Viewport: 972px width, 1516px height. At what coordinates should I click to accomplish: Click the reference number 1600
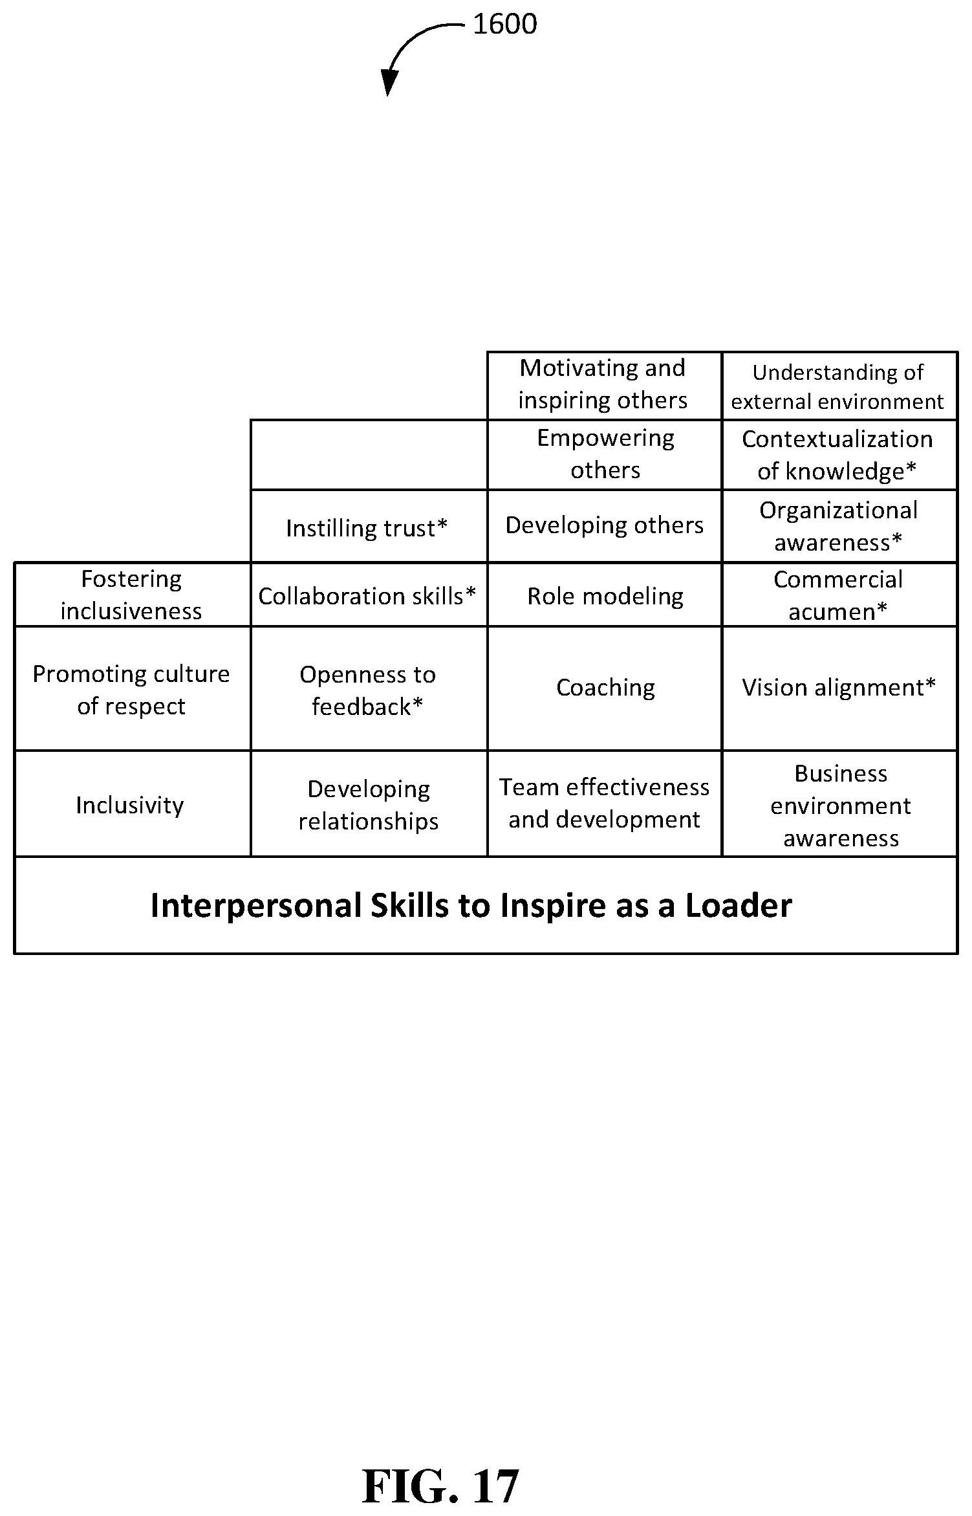click(x=504, y=25)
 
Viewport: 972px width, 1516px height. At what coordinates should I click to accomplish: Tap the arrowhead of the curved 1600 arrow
click(x=389, y=83)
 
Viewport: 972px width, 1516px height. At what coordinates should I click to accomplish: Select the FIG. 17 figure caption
click(x=440, y=1486)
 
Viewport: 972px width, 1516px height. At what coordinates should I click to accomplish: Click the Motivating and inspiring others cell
click(x=604, y=386)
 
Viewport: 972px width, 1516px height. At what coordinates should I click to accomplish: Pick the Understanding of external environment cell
click(x=839, y=386)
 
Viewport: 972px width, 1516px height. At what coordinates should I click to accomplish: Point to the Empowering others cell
click(x=604, y=455)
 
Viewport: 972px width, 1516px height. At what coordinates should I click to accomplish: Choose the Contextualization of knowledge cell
click(x=839, y=455)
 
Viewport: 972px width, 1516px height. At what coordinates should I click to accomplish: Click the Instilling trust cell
click(x=369, y=526)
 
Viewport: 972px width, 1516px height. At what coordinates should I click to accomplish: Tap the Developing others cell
click(x=604, y=526)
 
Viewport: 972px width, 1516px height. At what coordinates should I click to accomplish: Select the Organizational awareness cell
click(x=839, y=526)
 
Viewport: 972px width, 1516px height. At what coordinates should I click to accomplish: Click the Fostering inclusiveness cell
click(x=133, y=595)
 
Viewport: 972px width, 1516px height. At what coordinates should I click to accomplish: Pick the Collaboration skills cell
click(x=369, y=595)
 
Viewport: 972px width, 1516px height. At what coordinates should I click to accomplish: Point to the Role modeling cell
click(x=604, y=595)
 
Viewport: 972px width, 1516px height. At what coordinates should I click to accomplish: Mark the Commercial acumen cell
click(x=839, y=595)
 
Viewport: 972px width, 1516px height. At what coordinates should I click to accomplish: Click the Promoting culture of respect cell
click(x=133, y=688)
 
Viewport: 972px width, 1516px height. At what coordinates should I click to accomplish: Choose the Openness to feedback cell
click(x=369, y=688)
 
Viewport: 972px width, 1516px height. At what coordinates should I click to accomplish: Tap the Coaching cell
click(x=604, y=688)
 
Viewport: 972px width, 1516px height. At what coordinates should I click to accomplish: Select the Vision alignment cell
click(x=839, y=688)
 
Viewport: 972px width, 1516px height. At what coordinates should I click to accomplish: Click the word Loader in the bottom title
click(x=739, y=905)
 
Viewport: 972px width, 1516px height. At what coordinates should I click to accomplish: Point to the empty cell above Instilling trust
click(x=369, y=455)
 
